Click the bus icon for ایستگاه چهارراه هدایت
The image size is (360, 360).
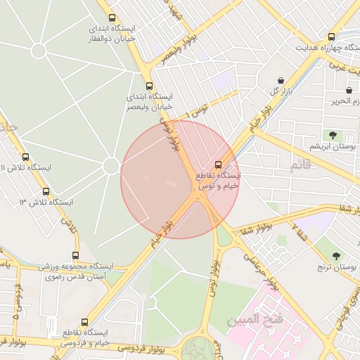(331, 37)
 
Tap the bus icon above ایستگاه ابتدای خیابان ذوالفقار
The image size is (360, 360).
(112, 18)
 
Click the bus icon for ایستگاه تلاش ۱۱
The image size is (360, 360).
(26, 157)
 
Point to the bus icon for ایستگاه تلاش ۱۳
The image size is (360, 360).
(46, 191)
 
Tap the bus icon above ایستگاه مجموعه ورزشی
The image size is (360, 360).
(75, 256)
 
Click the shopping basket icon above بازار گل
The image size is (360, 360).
(281, 81)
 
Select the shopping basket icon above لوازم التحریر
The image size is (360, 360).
(349, 91)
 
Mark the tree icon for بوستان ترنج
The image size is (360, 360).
(336, 256)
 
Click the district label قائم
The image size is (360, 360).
(299, 165)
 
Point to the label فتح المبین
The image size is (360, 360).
(254, 321)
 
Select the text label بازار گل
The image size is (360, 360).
(279, 92)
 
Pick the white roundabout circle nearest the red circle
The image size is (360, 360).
(110, 166)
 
